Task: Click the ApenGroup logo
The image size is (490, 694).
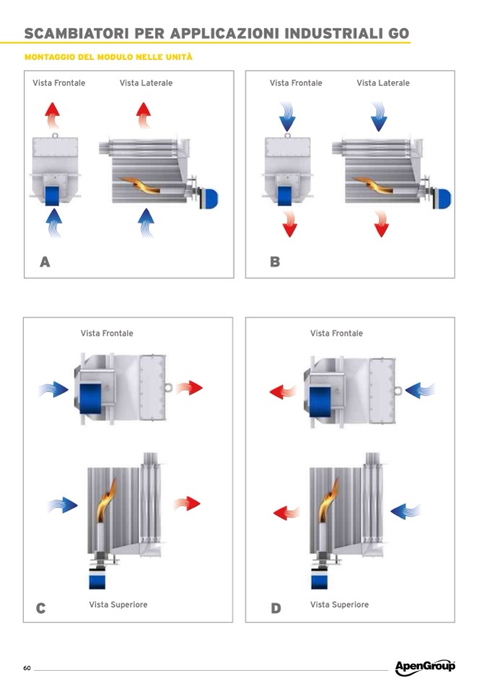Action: pos(425,667)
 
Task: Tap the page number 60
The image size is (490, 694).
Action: pos(27,667)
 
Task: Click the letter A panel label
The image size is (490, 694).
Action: pos(45,262)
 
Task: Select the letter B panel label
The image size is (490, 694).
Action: pos(275,262)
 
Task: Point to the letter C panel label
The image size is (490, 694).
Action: pos(41,609)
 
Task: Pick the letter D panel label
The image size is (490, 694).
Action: pos(275,609)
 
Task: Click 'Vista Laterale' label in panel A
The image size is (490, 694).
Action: pos(146,83)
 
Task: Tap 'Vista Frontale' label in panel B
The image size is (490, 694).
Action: pos(296,83)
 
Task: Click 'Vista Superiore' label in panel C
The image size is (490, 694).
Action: pos(118,604)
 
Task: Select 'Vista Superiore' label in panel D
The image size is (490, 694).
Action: pos(339,604)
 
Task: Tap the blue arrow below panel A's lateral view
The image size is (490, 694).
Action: pos(146,221)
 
